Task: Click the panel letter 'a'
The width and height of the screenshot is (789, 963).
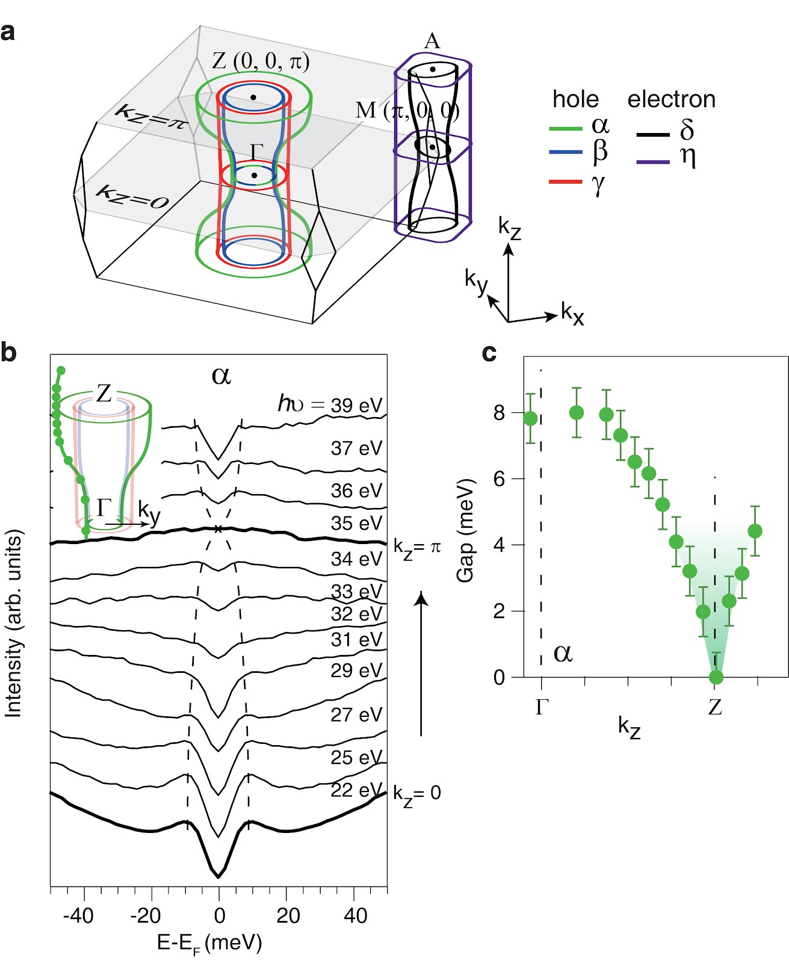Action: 8,32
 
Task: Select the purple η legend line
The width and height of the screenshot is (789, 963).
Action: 652,162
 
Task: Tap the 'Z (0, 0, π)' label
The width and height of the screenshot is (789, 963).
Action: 261,61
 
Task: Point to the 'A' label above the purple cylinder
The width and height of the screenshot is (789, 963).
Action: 432,41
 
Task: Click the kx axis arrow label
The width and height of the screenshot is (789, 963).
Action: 572,314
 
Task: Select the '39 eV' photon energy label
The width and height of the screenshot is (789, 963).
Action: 356,405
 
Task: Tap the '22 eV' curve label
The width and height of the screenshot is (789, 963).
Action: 356,790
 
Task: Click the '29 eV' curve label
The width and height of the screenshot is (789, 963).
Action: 356,670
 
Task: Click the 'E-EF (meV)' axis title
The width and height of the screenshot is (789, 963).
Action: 209,943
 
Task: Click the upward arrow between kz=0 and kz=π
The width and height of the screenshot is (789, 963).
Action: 421,662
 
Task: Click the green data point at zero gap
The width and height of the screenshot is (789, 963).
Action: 716,677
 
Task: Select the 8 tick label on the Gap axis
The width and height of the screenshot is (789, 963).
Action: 499,413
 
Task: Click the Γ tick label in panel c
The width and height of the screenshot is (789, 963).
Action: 542,707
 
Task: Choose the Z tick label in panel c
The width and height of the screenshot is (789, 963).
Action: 714,707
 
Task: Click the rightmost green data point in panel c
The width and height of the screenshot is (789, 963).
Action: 755,531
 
